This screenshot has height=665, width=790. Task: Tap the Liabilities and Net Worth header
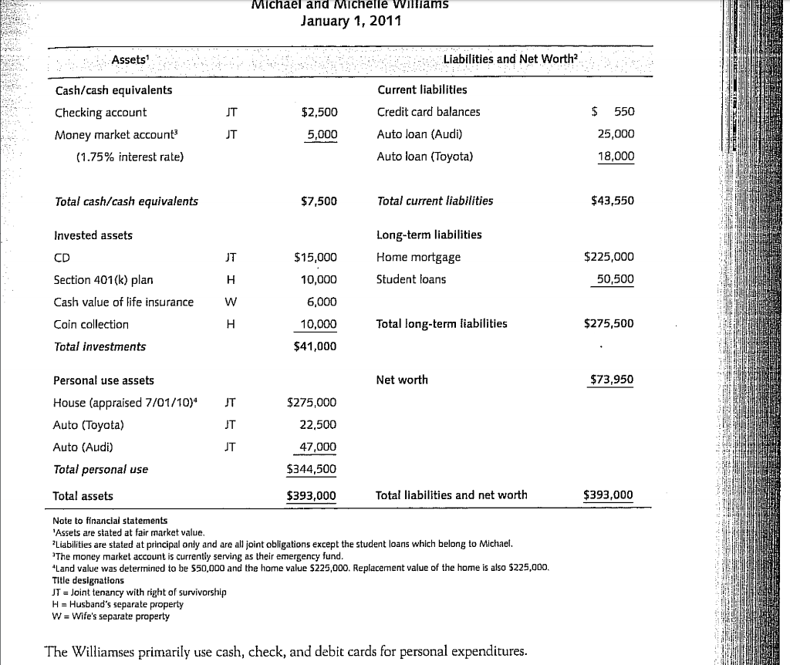click(x=510, y=60)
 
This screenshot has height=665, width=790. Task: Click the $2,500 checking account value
click(x=319, y=113)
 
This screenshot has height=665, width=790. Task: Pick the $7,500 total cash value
click(x=319, y=202)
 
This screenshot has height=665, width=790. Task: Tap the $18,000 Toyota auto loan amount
click(x=616, y=157)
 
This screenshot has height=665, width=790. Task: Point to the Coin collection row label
click(x=91, y=325)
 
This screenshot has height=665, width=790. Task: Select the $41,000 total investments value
click(x=316, y=347)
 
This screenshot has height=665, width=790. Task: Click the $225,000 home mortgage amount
click(x=609, y=257)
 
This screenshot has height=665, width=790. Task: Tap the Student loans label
click(x=411, y=279)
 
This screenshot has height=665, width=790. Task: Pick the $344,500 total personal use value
click(x=312, y=469)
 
